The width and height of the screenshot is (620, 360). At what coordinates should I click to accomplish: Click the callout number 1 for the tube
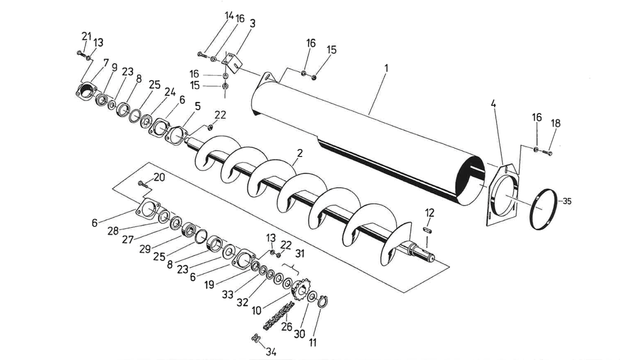coord(386,68)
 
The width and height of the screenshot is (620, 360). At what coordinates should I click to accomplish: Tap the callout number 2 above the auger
coord(300,153)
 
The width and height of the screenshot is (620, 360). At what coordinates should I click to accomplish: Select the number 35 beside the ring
coord(567,202)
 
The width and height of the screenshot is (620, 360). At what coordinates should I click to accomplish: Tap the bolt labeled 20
coord(143,184)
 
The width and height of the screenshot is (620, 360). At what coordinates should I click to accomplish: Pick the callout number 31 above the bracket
coord(299,254)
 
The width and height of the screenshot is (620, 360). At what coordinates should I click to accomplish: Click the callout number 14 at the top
coord(229,16)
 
